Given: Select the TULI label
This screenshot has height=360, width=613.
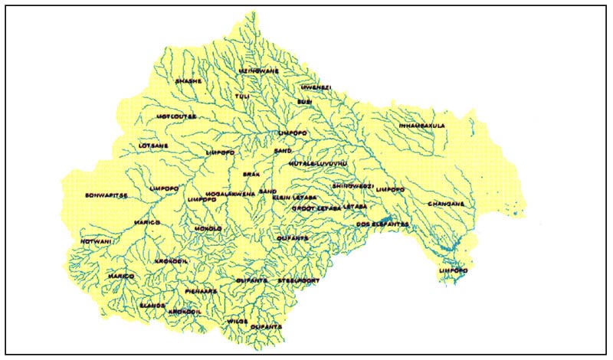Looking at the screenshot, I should click(x=242, y=96).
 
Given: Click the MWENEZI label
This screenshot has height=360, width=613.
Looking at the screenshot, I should click(x=315, y=87).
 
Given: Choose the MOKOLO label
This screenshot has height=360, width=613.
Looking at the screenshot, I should click(x=208, y=228).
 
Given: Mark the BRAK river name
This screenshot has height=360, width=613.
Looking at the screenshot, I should click(x=252, y=175).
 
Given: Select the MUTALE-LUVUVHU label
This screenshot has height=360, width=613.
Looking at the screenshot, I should click(x=319, y=164).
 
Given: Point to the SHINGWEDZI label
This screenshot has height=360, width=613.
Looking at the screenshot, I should click(x=352, y=186).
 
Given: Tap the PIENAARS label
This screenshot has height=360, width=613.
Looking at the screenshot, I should click(x=202, y=291).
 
